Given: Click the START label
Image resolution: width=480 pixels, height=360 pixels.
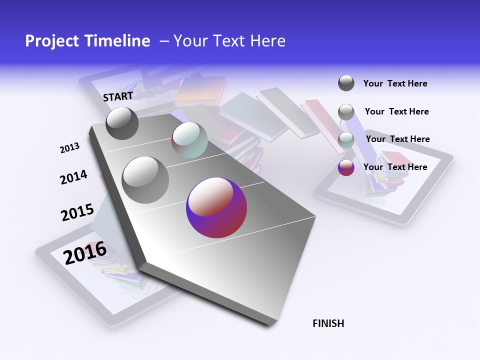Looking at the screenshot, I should click(118, 96).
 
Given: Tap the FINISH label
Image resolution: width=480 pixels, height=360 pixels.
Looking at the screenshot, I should click(328, 323).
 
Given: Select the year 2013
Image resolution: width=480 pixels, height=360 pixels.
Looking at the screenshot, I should click(69, 148).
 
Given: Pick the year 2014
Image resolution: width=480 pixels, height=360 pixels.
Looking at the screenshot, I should click(73, 177).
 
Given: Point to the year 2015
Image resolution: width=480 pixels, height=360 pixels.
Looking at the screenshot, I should click(77, 212).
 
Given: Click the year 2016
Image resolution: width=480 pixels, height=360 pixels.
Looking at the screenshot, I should click(85, 252).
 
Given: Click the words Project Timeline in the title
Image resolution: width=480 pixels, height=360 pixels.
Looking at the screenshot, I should click(87, 41).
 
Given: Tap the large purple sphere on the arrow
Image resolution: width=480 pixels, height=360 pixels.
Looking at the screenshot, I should click(216, 208).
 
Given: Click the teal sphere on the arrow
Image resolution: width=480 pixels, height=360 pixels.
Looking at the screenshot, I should click(189, 140).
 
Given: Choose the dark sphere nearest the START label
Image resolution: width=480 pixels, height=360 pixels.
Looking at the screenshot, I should click(122, 123).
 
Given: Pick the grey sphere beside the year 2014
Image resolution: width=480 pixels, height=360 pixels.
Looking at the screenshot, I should click(145, 179).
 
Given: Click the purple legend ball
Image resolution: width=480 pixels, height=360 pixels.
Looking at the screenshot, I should click(346, 167).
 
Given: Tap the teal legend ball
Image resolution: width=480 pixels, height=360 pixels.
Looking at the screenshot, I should click(346, 140).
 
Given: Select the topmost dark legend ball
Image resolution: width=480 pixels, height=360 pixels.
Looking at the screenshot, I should click(346, 83).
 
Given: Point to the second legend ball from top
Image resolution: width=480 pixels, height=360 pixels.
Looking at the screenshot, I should click(346, 112).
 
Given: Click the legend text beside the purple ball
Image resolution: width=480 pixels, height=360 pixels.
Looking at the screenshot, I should click(395, 167).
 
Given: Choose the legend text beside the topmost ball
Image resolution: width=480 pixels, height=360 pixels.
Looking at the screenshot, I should click(395, 83).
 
